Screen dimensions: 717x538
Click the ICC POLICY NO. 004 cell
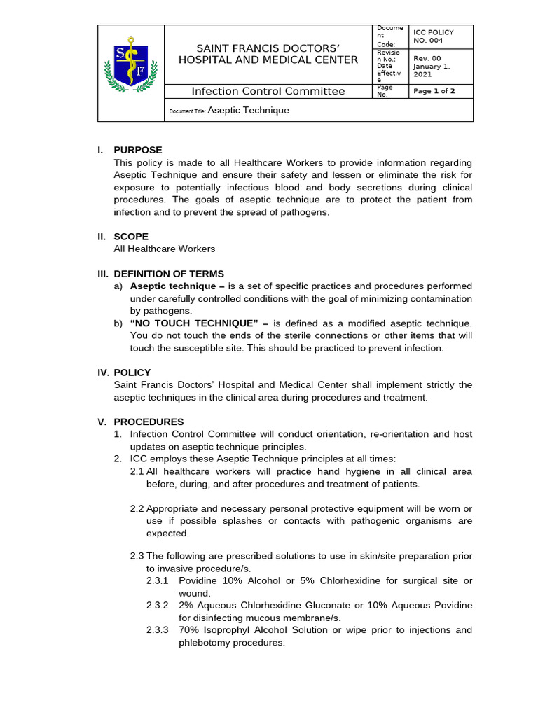pyautogui.click(x=434, y=36)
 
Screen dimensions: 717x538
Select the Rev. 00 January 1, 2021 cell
pyautogui.click(x=433, y=66)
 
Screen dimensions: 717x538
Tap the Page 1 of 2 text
pyautogui.click(x=434, y=91)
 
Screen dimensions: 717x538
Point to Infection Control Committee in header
pyautogui.click(x=268, y=91)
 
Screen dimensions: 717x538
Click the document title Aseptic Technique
pyautogui.click(x=249, y=110)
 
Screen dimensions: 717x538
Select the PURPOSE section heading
pyautogui.click(x=137, y=150)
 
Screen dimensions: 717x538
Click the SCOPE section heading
pyautogui.click(x=131, y=237)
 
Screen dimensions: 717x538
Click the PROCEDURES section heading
pyautogui.click(x=149, y=422)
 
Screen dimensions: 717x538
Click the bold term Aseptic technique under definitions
pyautogui.click(x=173, y=286)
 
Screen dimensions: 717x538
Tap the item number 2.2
pyautogui.click(x=137, y=508)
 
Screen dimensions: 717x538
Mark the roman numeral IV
pyautogui.click(x=103, y=373)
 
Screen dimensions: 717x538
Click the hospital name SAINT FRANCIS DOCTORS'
pyautogui.click(x=268, y=48)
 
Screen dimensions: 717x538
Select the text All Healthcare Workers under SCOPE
pyautogui.click(x=165, y=249)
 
